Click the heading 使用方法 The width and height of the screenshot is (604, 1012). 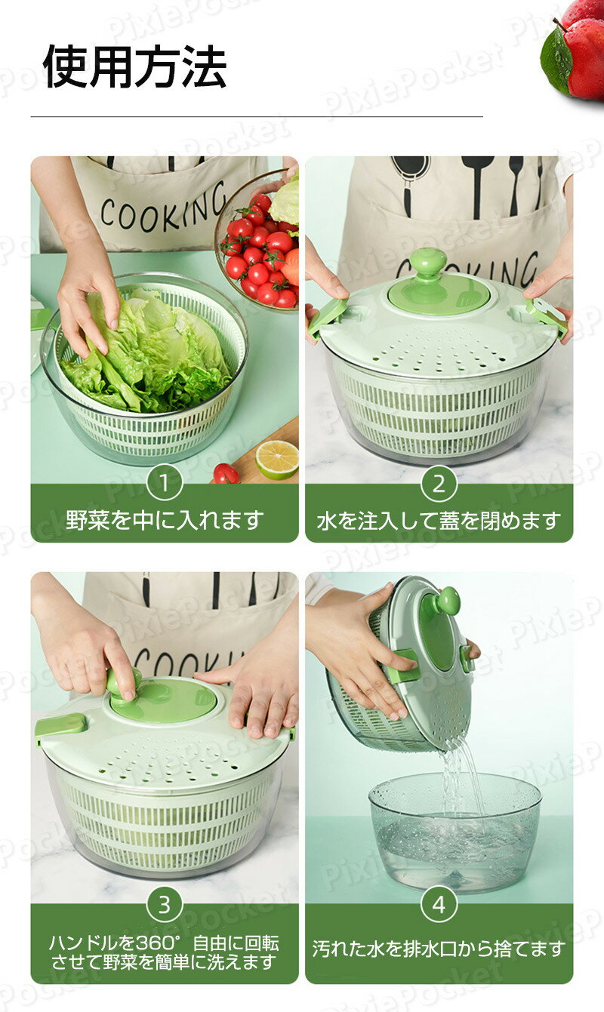point(134,66)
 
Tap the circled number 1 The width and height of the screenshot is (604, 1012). point(165,484)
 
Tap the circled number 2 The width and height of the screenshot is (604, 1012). point(439,484)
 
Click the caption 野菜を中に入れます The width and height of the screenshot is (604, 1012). point(165,520)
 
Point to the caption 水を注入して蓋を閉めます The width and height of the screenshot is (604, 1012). point(439,521)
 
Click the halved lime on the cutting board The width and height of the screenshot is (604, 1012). point(276,460)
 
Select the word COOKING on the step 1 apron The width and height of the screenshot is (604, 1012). point(163,209)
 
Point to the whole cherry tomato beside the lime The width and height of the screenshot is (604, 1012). point(226,473)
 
